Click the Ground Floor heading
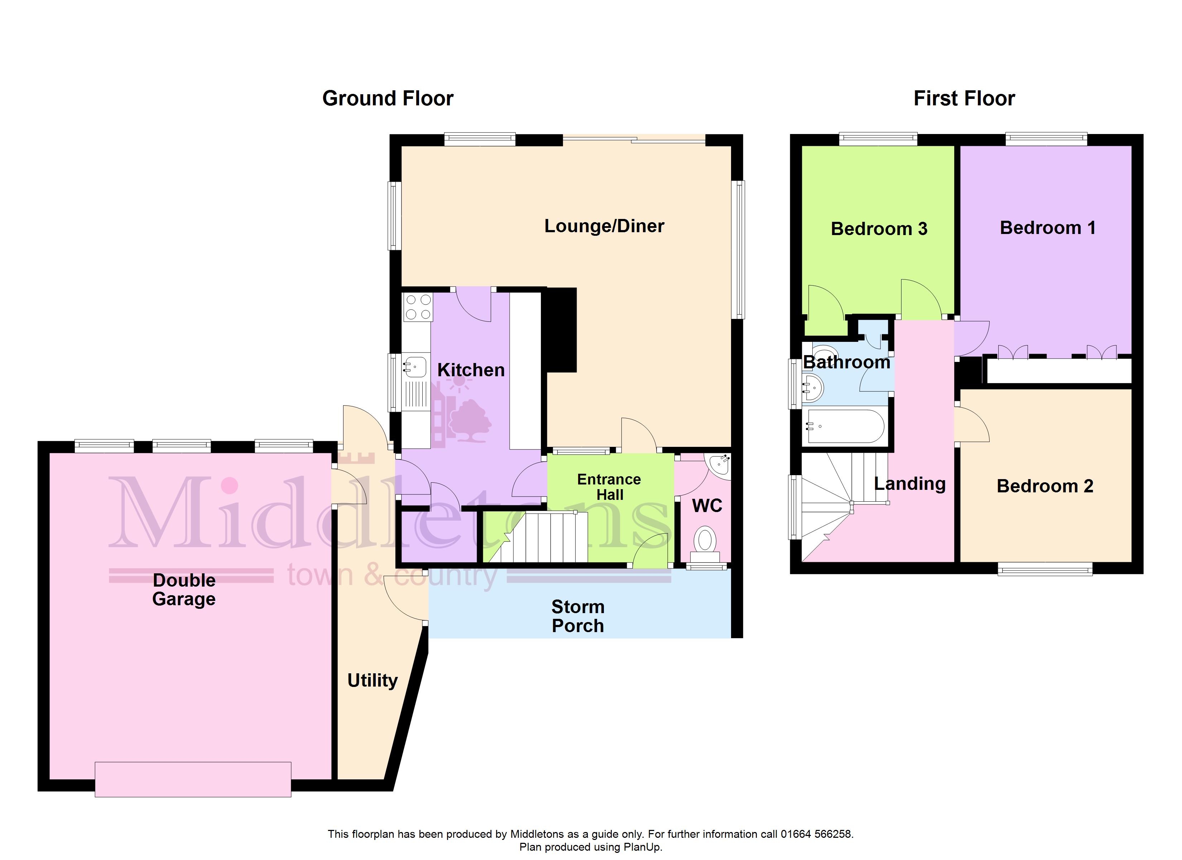388,99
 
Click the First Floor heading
964,99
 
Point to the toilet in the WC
705,544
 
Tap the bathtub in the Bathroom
843,426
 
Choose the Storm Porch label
578,616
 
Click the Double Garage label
184,589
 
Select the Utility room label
373,680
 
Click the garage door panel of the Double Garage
193,779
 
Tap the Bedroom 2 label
1045,486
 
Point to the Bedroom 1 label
1048,228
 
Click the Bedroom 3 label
879,229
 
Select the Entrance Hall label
609,487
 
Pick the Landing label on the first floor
910,484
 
